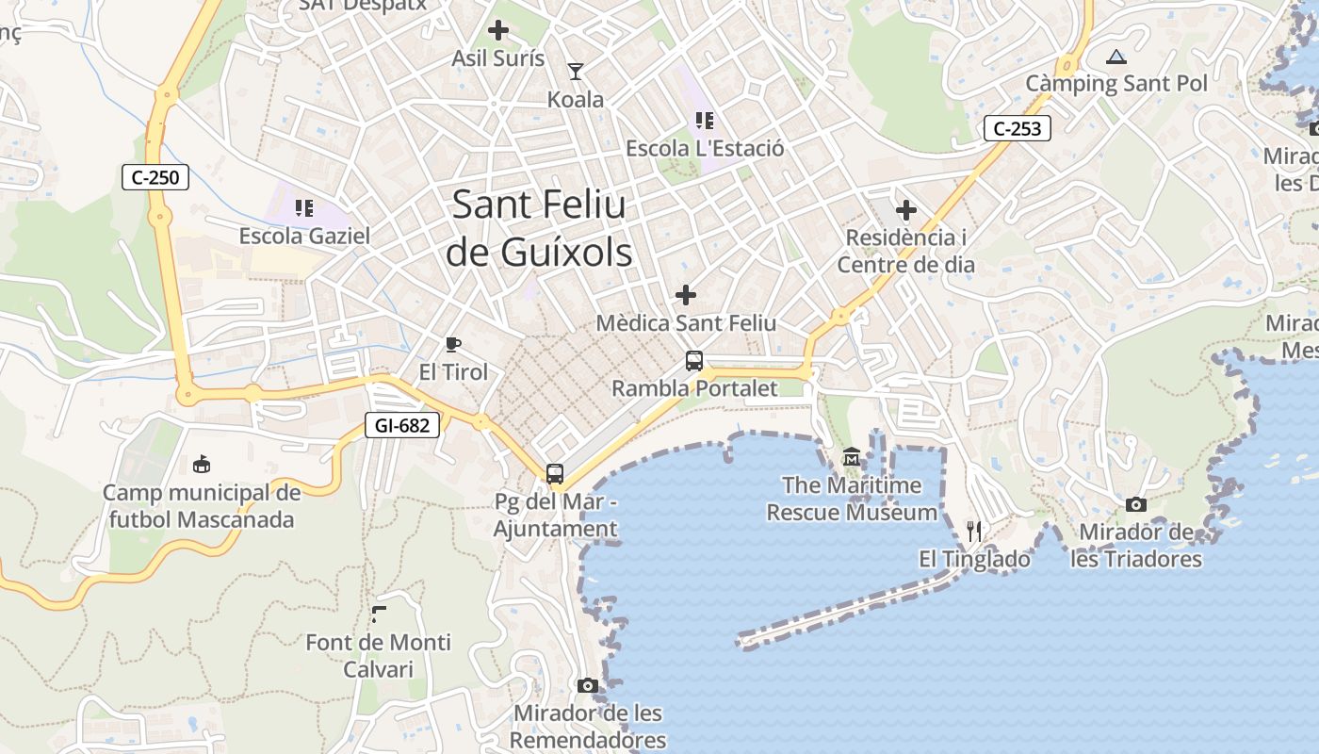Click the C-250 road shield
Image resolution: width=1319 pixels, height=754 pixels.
[x=155, y=176]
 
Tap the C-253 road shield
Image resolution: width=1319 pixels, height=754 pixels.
[x=1018, y=128]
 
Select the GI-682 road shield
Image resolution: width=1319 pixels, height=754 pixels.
[x=402, y=425]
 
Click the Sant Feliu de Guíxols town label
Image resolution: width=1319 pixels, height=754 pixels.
[x=539, y=228]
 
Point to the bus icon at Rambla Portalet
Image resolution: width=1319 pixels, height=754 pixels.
[x=694, y=360]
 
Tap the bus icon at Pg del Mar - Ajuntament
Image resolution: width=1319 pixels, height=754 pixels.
[x=555, y=473]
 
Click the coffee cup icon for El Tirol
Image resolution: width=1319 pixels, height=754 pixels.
[x=453, y=344]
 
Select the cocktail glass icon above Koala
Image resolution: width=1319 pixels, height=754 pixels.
[x=575, y=71]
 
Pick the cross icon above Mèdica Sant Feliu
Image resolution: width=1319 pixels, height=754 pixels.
[x=686, y=295]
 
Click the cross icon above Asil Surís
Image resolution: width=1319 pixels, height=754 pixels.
[x=498, y=30]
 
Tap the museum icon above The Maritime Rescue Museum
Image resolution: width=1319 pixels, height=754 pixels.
[x=852, y=457]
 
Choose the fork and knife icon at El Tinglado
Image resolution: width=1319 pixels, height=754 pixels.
[x=974, y=532]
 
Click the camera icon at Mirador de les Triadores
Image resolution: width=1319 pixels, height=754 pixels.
[x=1136, y=504]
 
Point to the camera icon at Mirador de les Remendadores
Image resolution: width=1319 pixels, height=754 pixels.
[x=588, y=685]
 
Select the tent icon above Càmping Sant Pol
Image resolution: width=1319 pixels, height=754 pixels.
[x=1116, y=57]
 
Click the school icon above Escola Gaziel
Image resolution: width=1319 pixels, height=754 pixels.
[x=303, y=207]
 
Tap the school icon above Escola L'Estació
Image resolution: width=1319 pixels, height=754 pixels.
[x=705, y=120]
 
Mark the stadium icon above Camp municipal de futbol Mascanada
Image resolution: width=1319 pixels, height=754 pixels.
[x=202, y=464]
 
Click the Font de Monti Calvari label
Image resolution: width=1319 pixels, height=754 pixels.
[x=379, y=655]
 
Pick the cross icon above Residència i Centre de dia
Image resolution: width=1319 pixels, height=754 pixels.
[x=906, y=209]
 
